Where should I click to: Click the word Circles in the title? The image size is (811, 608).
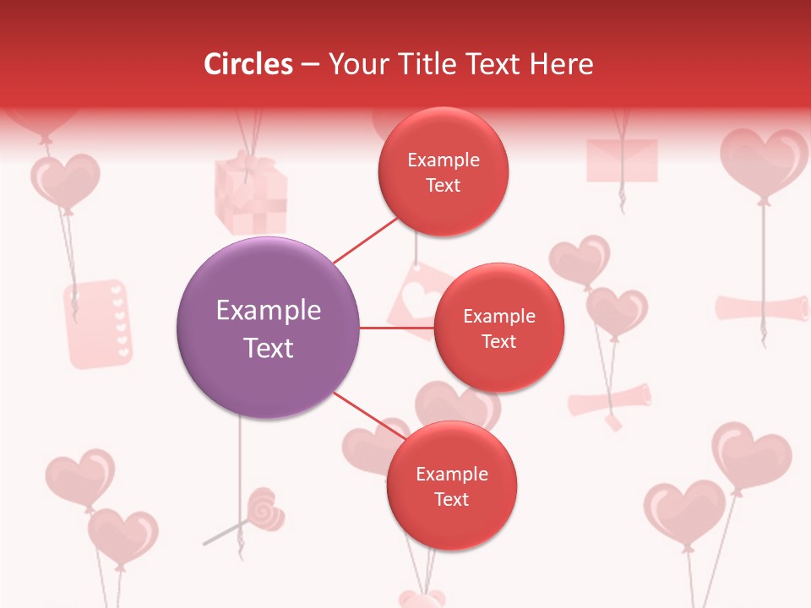pyautogui.click(x=248, y=64)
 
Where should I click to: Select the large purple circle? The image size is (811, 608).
pyautogui.click(x=268, y=328)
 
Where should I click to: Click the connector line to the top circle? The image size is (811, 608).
pyautogui.click(x=365, y=241)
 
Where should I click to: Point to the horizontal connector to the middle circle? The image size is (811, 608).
pyautogui.click(x=396, y=328)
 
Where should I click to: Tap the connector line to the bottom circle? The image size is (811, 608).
pyautogui.click(x=367, y=415)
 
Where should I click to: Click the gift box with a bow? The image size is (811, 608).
pyautogui.click(x=250, y=194)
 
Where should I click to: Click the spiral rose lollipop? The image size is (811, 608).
pyautogui.click(x=264, y=508)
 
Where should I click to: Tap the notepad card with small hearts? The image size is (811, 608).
pyautogui.click(x=98, y=324)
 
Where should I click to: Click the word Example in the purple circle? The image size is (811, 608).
pyautogui.click(x=268, y=311)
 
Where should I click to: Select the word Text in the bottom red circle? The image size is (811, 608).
pyautogui.click(x=451, y=499)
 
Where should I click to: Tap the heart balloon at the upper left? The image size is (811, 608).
pyautogui.click(x=65, y=179)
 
